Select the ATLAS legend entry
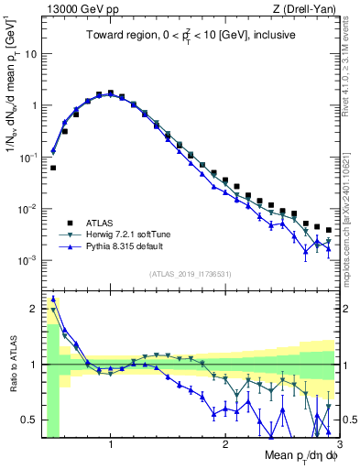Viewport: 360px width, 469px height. tap(97, 223)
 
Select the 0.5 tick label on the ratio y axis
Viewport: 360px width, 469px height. tap(28, 420)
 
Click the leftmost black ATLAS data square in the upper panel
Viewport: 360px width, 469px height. tap(53, 168)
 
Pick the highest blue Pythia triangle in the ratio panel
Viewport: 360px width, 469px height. tap(53, 298)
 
